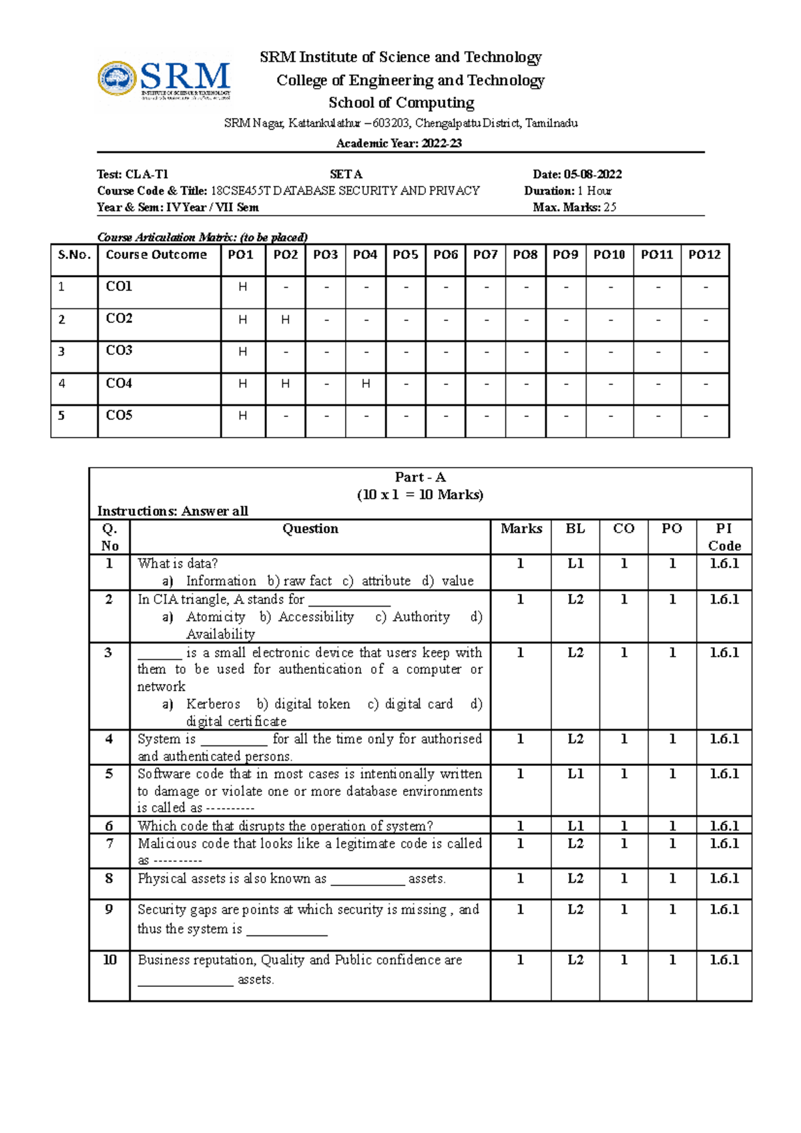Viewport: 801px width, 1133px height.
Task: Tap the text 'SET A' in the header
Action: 346,174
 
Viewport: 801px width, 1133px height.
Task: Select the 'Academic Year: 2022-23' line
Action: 398,143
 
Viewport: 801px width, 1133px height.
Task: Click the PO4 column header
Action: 365,255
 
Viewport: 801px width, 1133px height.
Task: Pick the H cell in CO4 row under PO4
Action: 365,384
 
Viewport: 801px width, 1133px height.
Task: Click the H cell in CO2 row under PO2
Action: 285,320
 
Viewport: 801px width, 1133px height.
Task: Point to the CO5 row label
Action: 119,415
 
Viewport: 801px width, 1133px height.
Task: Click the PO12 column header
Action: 704,255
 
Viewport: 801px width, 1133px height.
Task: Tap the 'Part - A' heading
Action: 420,477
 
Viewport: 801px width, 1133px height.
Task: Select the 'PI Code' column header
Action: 724,536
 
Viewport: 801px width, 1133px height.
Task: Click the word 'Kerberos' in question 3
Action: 213,704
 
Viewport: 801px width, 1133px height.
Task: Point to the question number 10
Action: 109,960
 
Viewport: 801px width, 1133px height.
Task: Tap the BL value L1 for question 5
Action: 575,774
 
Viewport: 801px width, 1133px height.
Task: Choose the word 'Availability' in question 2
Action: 220,634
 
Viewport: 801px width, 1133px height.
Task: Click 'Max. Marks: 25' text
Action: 574,208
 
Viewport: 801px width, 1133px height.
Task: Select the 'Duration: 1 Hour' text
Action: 568,191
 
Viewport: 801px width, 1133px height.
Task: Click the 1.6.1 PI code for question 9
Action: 724,909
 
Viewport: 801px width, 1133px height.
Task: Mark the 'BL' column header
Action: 575,528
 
